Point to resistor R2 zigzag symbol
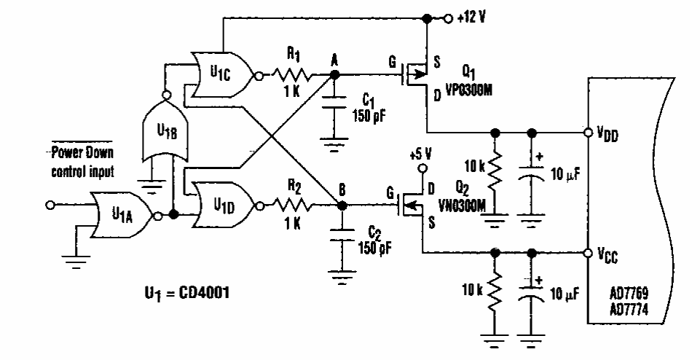pos(294,206)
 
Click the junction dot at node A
pos(334,74)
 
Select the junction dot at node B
pos(342,206)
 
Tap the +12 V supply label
pos(471,18)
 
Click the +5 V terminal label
pos(420,154)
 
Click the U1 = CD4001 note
pos(186,293)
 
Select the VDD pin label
pos(608,133)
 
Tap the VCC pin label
pos(607,254)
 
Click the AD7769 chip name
pos(629,294)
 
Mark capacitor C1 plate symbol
pos(334,102)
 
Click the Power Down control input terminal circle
pos(50,205)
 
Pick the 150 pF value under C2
pos(374,247)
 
